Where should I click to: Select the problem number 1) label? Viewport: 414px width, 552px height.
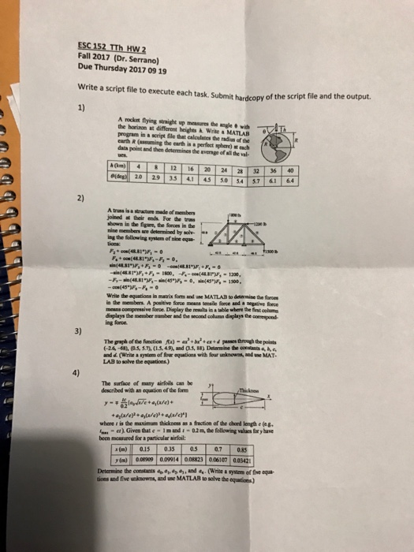[81, 107]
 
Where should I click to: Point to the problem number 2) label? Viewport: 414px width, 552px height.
[81, 200]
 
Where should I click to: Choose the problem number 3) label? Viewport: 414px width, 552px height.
[76, 331]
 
